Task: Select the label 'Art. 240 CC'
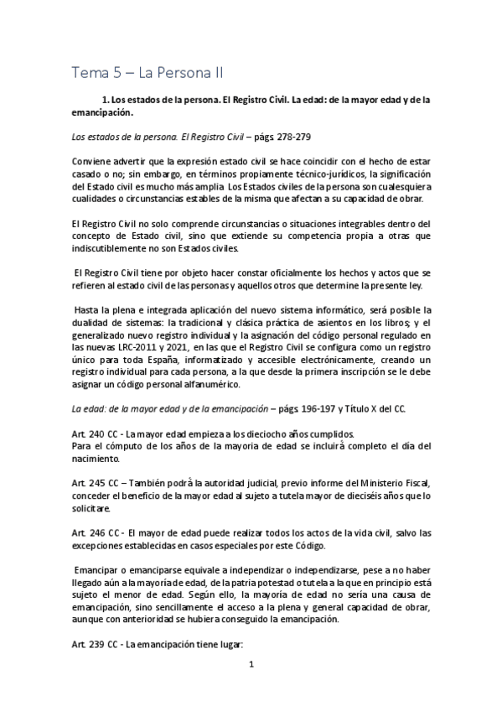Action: pos(93,433)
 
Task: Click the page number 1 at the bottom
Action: pos(251,687)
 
